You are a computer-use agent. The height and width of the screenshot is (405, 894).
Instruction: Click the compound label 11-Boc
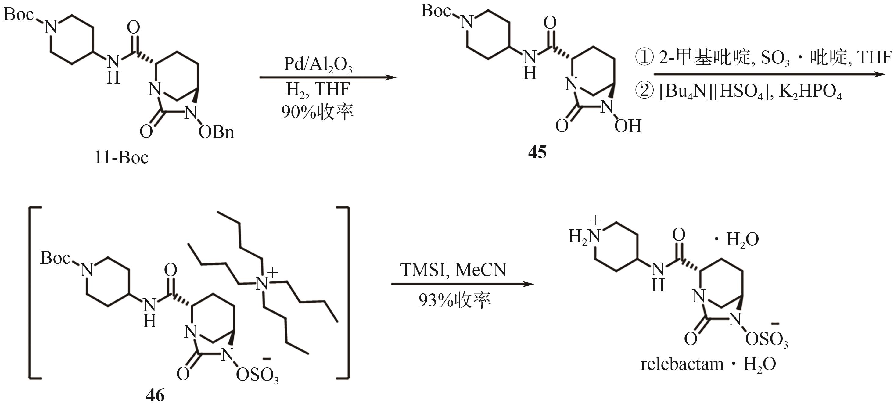coord(121,158)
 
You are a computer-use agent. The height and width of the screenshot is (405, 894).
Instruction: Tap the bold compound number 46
coord(155,395)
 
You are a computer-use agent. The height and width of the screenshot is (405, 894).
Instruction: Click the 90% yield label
coord(317,112)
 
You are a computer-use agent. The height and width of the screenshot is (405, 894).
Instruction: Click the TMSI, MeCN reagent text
coord(453,270)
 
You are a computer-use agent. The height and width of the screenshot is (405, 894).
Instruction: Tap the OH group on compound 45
coord(627,126)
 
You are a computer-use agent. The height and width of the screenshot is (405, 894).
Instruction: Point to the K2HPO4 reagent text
coord(810,92)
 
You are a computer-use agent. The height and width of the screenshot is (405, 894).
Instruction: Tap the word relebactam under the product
coord(682,364)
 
